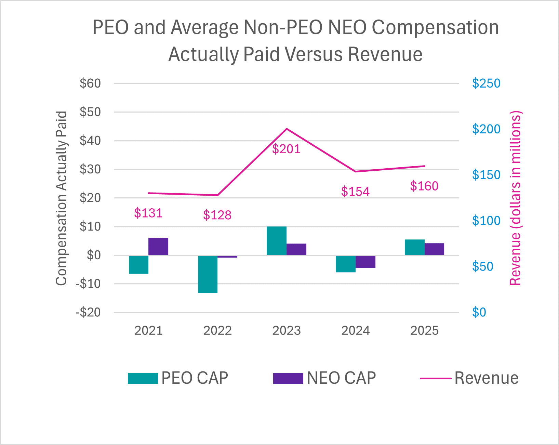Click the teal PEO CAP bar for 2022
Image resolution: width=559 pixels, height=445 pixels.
pos(208,274)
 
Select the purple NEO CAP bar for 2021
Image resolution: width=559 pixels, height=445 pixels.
pos(158,246)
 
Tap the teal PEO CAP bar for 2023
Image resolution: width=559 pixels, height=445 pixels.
pos(276,241)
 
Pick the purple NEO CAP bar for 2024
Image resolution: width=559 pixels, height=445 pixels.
pos(365,262)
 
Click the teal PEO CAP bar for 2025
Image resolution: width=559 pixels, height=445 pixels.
pos(414,247)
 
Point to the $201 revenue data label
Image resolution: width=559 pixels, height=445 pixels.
pos(286,149)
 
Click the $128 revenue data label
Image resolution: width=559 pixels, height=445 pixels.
pos(217,215)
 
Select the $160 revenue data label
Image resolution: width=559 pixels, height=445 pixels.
pos(424,186)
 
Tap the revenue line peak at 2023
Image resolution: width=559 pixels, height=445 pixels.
pos(287,129)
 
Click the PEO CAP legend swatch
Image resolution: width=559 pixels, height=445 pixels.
pos(143,378)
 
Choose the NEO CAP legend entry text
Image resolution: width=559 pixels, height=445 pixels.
pos(341,378)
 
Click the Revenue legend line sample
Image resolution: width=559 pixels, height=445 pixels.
pos(435,378)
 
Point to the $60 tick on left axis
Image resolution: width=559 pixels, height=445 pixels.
pos(90,83)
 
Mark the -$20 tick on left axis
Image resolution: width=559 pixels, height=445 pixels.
pos(88,312)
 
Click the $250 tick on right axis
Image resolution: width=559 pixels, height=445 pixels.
pos(486,83)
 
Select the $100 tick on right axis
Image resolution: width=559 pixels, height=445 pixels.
pos(486,221)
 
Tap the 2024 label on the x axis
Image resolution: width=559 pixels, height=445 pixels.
pos(356,331)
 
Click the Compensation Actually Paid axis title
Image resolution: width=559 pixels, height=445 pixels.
pos(62,198)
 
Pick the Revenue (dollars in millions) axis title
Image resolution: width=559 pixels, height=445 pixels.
pos(515,198)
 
